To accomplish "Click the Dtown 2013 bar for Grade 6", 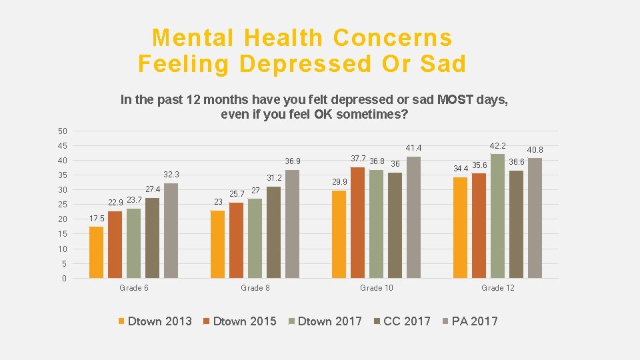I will click(x=97, y=252).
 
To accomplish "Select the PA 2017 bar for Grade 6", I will click(x=171, y=230).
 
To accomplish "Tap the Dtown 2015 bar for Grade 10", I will click(x=357, y=222).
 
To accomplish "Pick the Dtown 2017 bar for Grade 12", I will click(x=497, y=215).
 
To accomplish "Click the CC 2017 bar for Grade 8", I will click(x=273, y=232).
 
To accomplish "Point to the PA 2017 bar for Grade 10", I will click(x=413, y=217).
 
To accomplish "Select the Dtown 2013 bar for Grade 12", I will click(x=460, y=227).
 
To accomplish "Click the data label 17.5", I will click(x=97, y=218).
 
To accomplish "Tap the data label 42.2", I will click(x=497, y=145).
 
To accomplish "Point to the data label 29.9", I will click(x=339, y=182).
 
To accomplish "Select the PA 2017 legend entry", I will click(x=474, y=321).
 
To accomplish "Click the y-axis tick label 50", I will click(x=63, y=131).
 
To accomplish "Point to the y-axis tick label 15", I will click(x=63, y=234).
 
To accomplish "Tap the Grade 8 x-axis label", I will click(x=255, y=288).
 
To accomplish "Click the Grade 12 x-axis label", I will click(x=498, y=288).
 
